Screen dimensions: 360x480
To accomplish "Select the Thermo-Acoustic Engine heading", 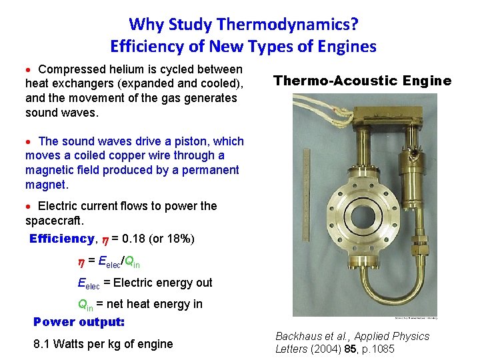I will click(362, 81).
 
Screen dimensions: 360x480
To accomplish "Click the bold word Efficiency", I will click(62, 239).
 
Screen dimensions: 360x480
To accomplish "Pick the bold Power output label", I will click(79, 322).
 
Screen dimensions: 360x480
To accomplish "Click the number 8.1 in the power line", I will click(43, 344).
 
